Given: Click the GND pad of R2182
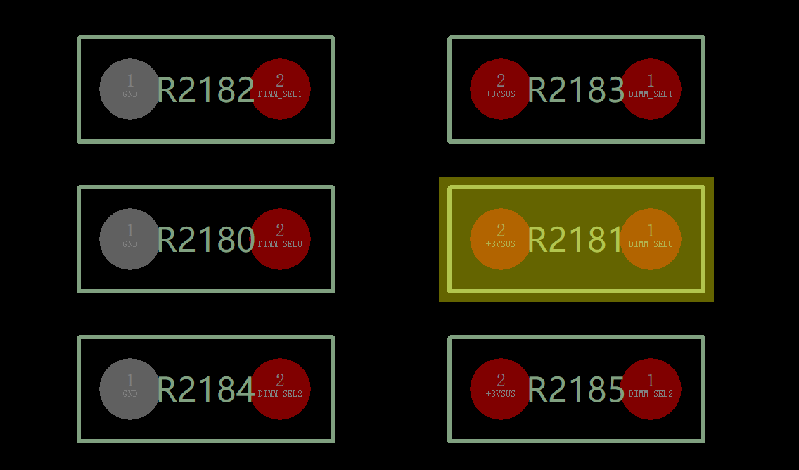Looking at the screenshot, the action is pyautogui.click(x=130, y=89).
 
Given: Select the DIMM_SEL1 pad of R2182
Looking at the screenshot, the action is pyautogui.click(x=280, y=89).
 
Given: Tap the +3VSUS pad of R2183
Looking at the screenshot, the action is pyautogui.click(x=500, y=89).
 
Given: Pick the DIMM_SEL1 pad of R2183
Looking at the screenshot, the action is pyautogui.click(x=650, y=89).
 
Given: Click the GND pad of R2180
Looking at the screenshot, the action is pyautogui.click(x=130, y=239).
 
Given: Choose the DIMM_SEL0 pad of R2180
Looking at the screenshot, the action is pyautogui.click(x=280, y=239).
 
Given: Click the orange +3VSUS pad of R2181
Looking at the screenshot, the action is pyautogui.click(x=500, y=239).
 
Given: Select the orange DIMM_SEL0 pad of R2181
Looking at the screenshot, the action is pyautogui.click(x=650, y=239).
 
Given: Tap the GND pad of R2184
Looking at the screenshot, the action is pyautogui.click(x=130, y=389).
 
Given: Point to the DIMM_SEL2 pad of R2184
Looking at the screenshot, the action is pyautogui.click(x=280, y=389).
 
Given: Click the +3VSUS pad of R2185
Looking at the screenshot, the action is pyautogui.click(x=500, y=389).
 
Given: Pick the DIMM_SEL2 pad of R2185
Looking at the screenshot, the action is pyautogui.click(x=650, y=389).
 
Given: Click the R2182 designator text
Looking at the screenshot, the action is pyautogui.click(x=205, y=90).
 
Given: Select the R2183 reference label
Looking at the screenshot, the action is pyautogui.click(x=576, y=90).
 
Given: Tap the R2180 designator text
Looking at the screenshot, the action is pyautogui.click(x=205, y=240).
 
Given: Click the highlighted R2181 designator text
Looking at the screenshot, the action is pyautogui.click(x=575, y=240).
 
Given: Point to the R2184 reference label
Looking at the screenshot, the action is pyautogui.click(x=206, y=390).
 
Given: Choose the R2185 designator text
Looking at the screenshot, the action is pyautogui.click(x=576, y=390).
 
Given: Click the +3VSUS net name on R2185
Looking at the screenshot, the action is pyautogui.click(x=500, y=394).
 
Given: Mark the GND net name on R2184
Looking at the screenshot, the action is pyautogui.click(x=130, y=394).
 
